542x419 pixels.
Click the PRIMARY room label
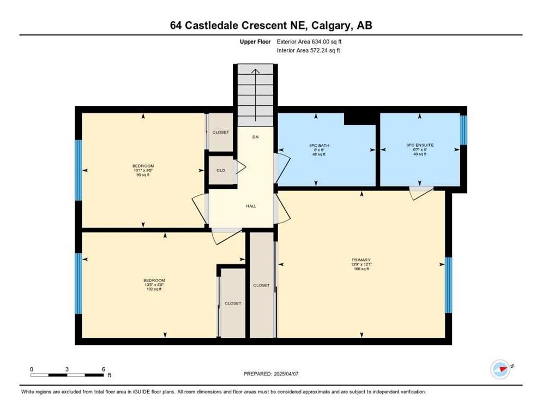click(361, 260)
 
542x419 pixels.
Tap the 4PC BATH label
click(320, 145)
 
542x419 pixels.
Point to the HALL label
click(251, 206)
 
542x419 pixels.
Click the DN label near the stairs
click(255, 136)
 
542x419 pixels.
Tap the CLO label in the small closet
click(221, 170)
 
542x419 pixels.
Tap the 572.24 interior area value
click(321, 50)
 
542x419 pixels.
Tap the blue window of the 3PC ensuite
click(463, 130)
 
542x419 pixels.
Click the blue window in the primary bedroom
click(449, 285)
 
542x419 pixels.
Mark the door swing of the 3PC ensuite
click(420, 192)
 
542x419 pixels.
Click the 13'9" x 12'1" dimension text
click(361, 264)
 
